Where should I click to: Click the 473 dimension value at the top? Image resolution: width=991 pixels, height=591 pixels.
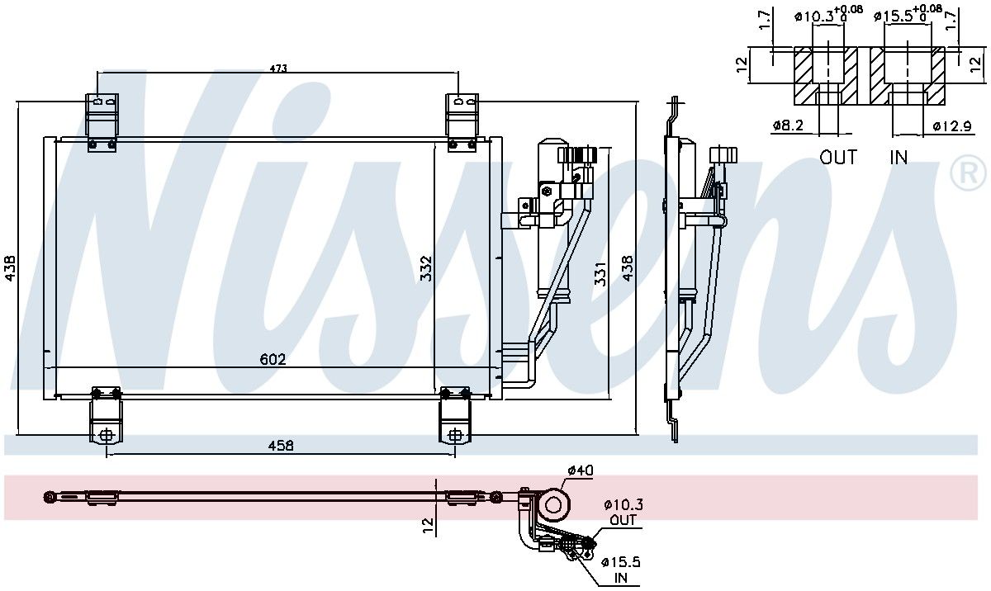click(x=278, y=68)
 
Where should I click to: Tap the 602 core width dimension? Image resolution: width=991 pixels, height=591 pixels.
click(x=273, y=359)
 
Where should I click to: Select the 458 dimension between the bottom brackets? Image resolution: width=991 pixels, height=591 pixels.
click(x=281, y=445)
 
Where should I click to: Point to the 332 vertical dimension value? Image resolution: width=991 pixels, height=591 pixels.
click(x=425, y=268)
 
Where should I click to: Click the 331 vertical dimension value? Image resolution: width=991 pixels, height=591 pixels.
click(x=600, y=273)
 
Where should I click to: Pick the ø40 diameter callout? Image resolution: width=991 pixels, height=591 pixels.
click(x=580, y=470)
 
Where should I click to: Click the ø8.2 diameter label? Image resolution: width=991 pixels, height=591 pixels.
click(x=788, y=125)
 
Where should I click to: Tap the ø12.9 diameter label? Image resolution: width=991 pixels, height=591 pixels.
click(x=952, y=126)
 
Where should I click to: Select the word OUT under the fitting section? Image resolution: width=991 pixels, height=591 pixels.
click(x=838, y=158)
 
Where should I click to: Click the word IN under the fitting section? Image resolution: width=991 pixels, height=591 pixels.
click(x=899, y=158)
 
